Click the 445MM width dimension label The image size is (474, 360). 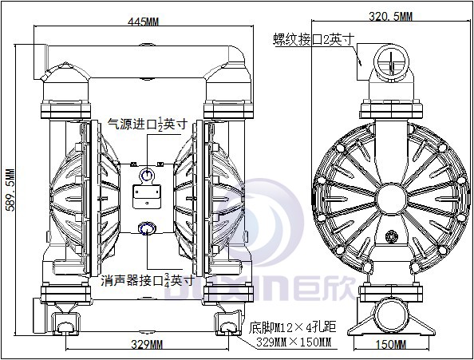143,22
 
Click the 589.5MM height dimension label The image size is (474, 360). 10,190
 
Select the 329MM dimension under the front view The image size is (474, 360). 147,344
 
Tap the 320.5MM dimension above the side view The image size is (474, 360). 390,16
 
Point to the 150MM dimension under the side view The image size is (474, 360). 391,344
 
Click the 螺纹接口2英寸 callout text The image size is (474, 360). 314,39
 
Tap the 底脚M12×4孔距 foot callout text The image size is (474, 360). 292,327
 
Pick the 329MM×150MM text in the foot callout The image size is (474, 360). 294,342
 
